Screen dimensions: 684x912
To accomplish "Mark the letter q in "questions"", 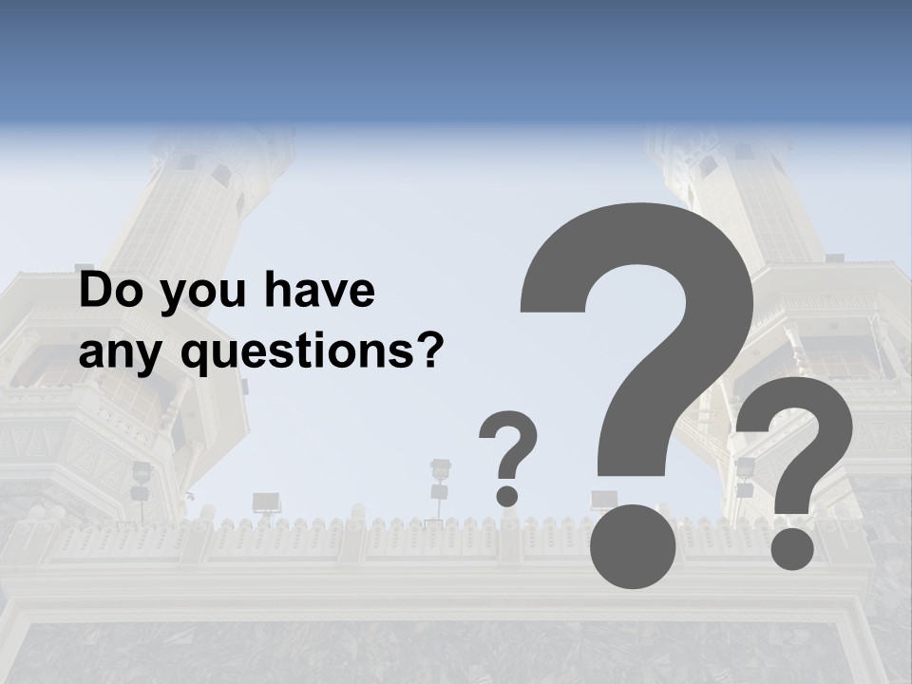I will pos(196,358).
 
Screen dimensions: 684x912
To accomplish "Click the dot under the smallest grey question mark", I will pos(507,495).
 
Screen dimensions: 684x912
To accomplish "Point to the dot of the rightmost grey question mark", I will pos(792,548).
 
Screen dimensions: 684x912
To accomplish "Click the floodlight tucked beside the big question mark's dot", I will pos(602,500).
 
